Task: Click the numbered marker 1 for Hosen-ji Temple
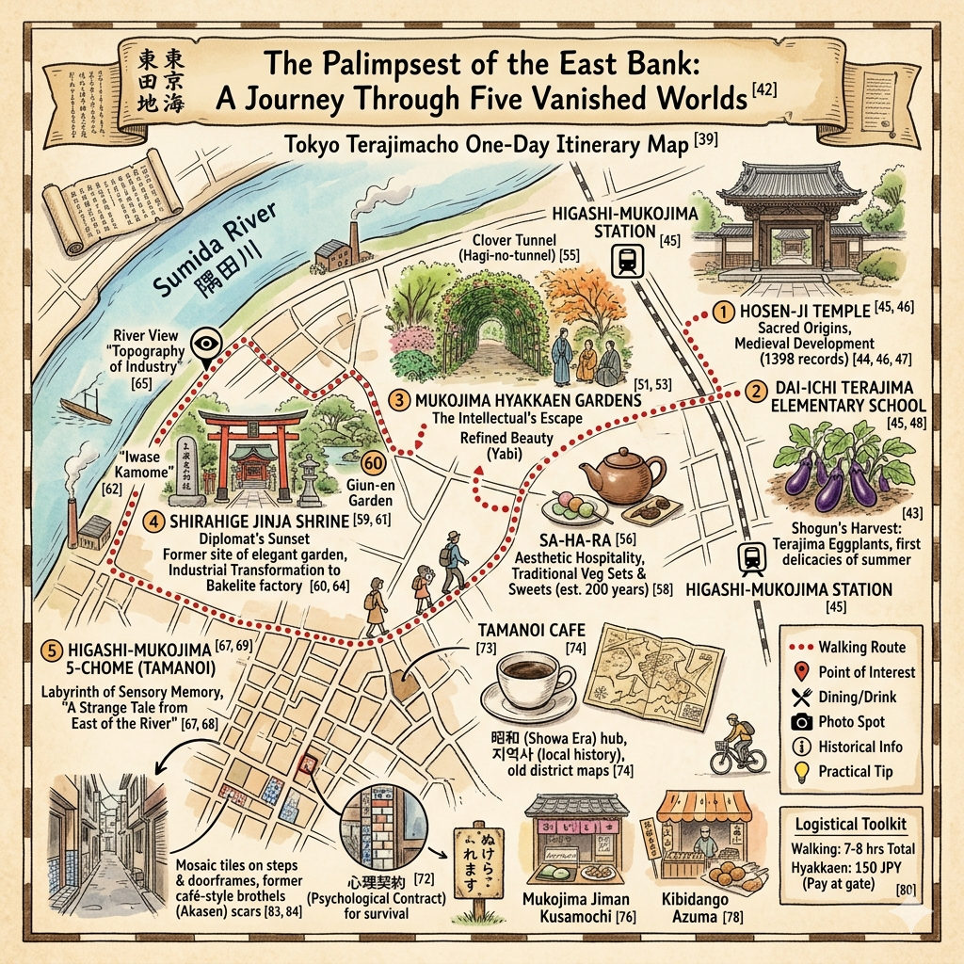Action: tap(722, 312)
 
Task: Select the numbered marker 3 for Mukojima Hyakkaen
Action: tap(400, 401)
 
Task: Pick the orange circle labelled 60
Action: tap(374, 463)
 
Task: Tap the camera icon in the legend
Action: tap(802, 722)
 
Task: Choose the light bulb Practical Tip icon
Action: tap(802, 772)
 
